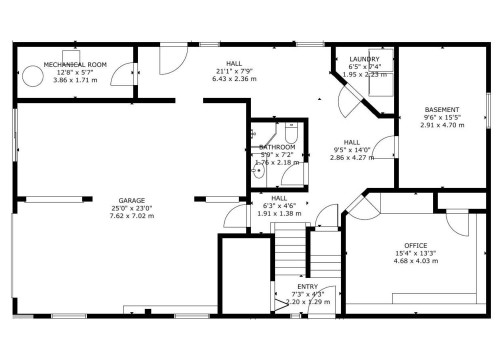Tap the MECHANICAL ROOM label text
point(76,64)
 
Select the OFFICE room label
point(415,245)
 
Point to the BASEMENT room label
point(441,109)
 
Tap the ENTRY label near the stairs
point(306,285)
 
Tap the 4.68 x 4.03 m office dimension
point(415,262)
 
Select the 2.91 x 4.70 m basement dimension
point(441,125)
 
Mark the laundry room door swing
point(348,97)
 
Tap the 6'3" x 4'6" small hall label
point(272,206)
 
